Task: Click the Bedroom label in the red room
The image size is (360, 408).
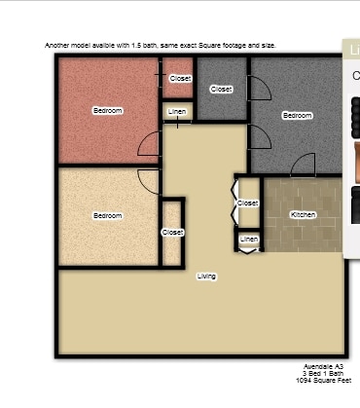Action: [108, 111]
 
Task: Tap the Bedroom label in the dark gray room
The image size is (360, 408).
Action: [297, 115]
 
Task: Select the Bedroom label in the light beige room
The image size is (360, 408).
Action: [108, 215]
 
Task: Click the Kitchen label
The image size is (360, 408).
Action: [304, 214]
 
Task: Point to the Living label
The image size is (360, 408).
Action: [206, 277]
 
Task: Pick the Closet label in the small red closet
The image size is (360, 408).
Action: [180, 78]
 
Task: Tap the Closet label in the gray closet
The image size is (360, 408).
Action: [222, 89]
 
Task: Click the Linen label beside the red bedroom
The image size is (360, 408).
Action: [177, 112]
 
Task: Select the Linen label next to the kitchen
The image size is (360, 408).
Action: [249, 239]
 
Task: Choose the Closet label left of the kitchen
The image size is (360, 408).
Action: [248, 204]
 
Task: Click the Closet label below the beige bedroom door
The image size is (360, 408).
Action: [172, 232]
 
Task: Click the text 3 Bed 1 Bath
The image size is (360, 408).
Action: [323, 374]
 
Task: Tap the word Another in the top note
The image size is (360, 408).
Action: [58, 45]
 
